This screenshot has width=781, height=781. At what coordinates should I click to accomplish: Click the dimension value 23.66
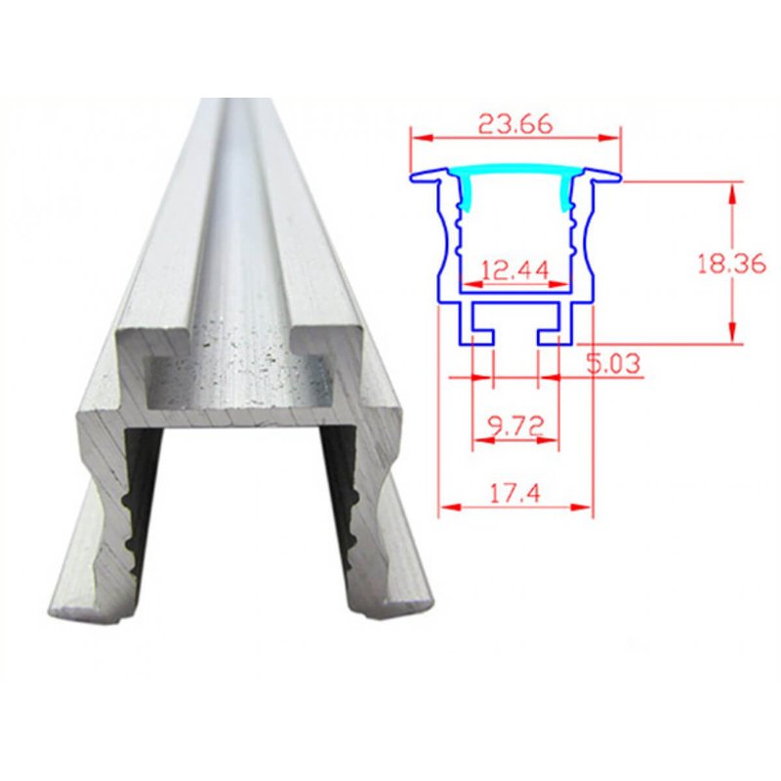515,124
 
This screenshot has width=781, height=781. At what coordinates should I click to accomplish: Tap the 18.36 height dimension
730,264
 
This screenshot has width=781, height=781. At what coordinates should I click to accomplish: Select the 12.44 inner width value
515,270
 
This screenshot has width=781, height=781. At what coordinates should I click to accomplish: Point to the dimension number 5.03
612,363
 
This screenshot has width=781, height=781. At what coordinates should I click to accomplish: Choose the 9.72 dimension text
514,427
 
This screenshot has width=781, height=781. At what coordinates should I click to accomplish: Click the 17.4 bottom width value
515,494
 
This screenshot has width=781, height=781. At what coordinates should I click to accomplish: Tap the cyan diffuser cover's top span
515,170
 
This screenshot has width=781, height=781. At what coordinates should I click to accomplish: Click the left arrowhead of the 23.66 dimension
421,138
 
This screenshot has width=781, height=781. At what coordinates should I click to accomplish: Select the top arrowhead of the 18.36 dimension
732,192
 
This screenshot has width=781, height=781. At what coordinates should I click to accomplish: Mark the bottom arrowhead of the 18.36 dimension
732,332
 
